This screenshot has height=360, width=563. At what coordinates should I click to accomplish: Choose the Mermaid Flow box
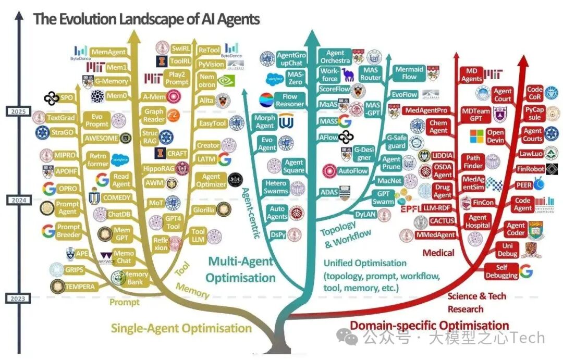409,73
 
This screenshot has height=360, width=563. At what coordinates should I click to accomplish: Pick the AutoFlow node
353,171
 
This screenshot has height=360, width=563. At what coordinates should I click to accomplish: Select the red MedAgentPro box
427,110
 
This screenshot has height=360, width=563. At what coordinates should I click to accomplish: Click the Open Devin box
495,136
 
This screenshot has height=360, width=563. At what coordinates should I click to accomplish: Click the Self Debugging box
501,271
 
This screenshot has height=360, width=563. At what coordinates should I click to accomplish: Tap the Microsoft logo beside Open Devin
477,136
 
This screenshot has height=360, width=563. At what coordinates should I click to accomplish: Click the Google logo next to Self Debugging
526,271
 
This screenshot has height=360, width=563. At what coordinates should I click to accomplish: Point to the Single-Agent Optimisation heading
181,328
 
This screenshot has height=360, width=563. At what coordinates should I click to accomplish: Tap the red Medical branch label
438,253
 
